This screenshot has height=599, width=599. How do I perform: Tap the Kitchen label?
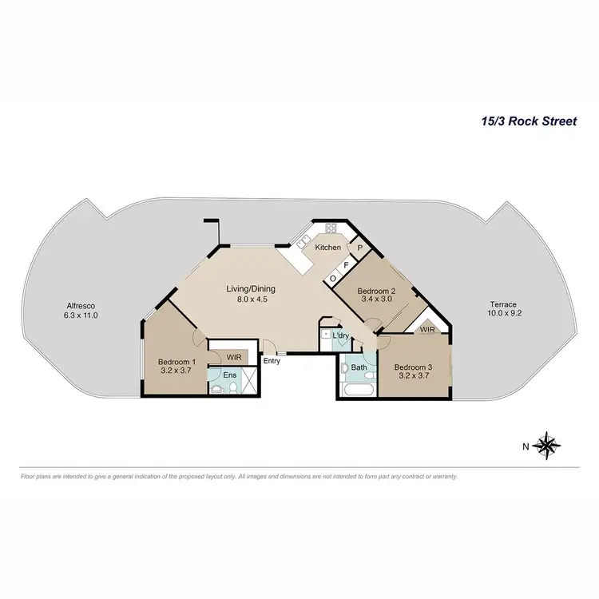pyautogui.click(x=327, y=248)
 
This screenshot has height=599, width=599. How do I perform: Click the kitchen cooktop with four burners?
pyautogui.click(x=331, y=227)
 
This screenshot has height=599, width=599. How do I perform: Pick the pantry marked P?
pyautogui.click(x=360, y=248)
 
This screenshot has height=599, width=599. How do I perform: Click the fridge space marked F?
pyautogui.click(x=346, y=264)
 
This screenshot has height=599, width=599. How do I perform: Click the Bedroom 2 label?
pyautogui.click(x=372, y=291)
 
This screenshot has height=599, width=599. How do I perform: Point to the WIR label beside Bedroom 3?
pyautogui.click(x=427, y=329)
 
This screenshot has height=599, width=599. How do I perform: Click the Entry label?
pyautogui.click(x=272, y=362)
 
